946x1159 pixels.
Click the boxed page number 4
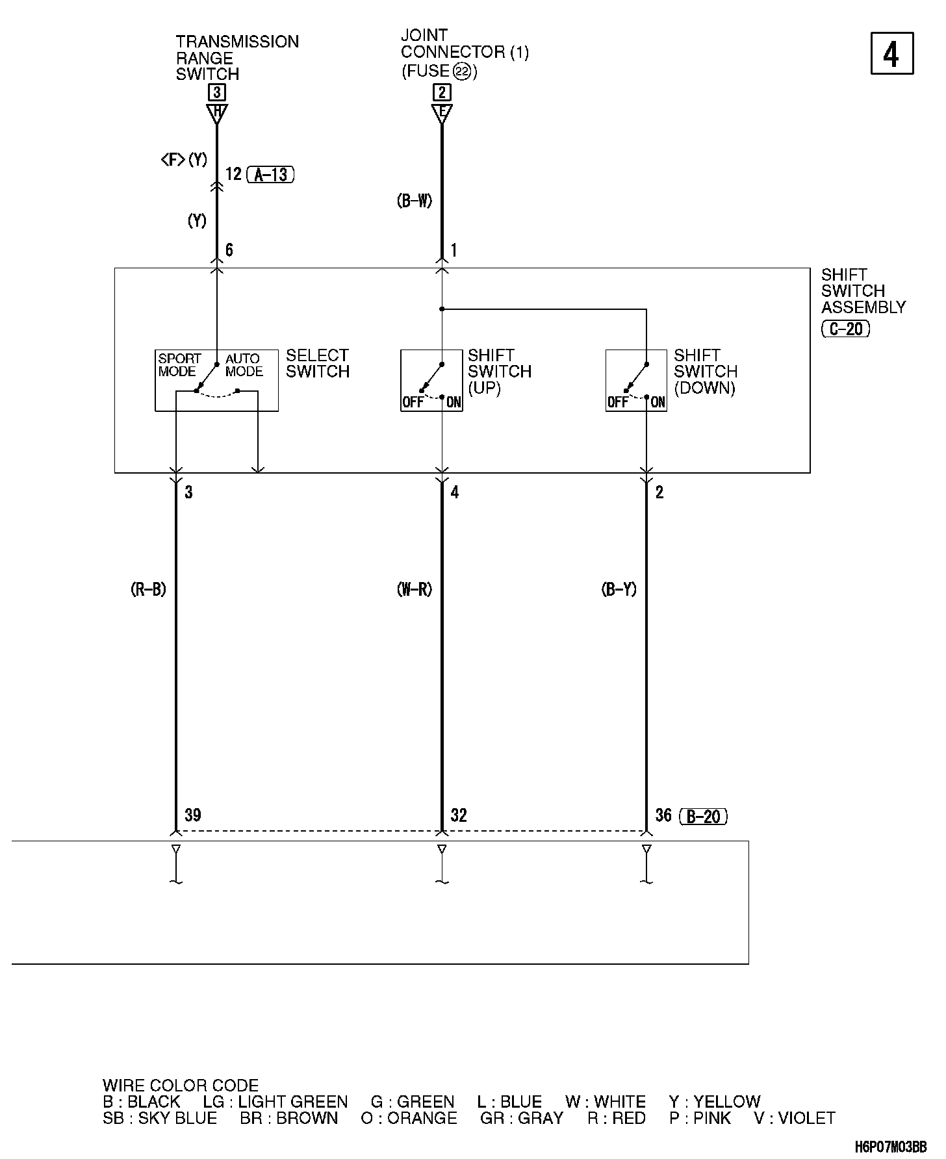[891, 53]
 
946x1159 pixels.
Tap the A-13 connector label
[271, 174]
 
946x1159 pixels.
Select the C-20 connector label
[845, 329]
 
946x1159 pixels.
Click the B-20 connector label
[703, 816]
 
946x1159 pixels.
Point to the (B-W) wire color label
[415, 201]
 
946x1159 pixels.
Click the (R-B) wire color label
[148, 589]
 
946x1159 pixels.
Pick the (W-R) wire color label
[415, 589]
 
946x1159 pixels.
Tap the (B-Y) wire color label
[619, 589]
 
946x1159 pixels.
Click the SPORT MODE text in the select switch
[179, 365]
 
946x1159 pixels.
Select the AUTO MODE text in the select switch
[244, 365]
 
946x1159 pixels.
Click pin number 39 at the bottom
[192, 815]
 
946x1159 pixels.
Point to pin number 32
[459, 815]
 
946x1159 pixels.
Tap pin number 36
[663, 815]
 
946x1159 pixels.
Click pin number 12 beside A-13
[233, 174]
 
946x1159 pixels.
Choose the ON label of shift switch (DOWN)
[658, 402]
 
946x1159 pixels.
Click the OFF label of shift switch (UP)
[413, 402]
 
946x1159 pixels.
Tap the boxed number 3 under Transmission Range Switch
[217, 92]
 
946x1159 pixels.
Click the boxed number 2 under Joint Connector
[442, 92]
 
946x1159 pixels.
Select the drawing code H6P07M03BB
[890, 1147]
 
